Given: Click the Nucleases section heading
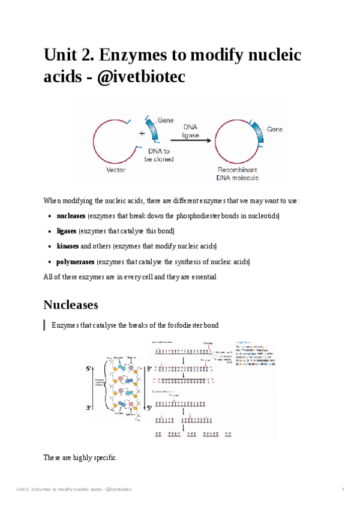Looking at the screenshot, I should click(71, 305).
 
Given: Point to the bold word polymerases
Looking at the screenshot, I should click(75, 262).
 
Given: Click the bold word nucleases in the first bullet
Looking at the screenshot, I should click(71, 215).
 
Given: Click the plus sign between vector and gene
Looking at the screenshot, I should click(142, 133).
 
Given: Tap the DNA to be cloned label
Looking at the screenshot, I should click(160, 155).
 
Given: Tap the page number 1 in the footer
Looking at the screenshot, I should click(343, 490).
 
